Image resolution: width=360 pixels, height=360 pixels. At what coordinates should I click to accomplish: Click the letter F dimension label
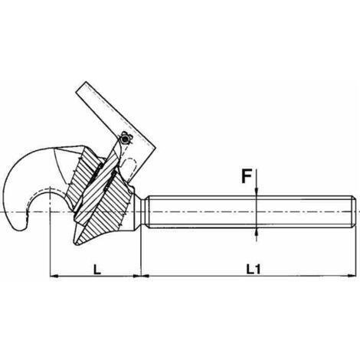pyautogui.click(x=247, y=177)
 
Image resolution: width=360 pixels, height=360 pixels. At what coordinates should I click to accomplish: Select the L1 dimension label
pyautogui.click(x=254, y=269)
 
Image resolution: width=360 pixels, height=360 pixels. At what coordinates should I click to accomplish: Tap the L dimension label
pyautogui.click(x=97, y=270)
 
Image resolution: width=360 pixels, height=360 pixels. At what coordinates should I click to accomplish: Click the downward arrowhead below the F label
pyautogui.click(x=257, y=192)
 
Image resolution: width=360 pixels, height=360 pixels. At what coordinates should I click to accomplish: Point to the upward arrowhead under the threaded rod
pyautogui.click(x=257, y=232)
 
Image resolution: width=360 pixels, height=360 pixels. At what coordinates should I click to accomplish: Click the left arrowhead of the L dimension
pyautogui.click(x=54, y=276)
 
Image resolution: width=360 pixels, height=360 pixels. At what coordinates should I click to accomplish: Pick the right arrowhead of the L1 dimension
pyautogui.click(x=351, y=276)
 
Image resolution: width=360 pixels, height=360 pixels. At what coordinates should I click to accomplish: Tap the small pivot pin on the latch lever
pyautogui.click(x=125, y=139)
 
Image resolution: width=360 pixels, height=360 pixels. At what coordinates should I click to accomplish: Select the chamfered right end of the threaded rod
pyautogui.click(x=353, y=211)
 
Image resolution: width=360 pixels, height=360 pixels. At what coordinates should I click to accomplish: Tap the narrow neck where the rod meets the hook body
pyautogui.click(x=141, y=211)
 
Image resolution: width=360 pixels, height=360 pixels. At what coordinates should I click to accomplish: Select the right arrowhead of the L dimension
pyautogui.click(x=136, y=276)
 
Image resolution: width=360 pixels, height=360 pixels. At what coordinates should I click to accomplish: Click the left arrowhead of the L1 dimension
pyautogui.click(x=146, y=276)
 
